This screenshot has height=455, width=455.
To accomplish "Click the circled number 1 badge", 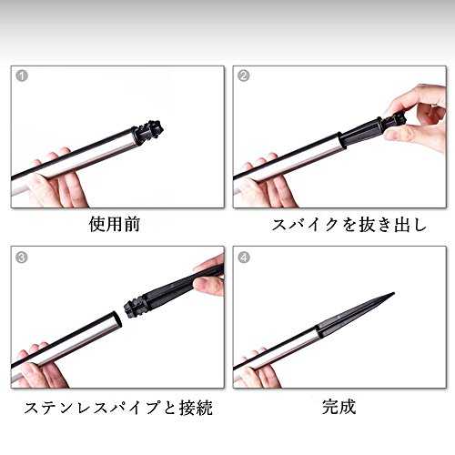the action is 22,76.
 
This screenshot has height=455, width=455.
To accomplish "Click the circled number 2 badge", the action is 244,76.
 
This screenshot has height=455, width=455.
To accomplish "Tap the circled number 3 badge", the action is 22,258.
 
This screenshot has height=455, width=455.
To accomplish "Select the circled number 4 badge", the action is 244,258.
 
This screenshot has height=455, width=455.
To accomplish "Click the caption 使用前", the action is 115,225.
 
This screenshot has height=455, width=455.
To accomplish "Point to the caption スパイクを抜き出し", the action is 349,225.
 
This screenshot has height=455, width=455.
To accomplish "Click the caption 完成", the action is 339,407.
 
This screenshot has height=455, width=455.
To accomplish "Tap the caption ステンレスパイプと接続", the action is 118,408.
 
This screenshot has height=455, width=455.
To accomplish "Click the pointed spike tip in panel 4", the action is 393,293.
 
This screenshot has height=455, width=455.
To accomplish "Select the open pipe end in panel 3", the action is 117,319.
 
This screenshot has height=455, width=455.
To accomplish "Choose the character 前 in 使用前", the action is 131,225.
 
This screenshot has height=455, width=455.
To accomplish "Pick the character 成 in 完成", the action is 348,407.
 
